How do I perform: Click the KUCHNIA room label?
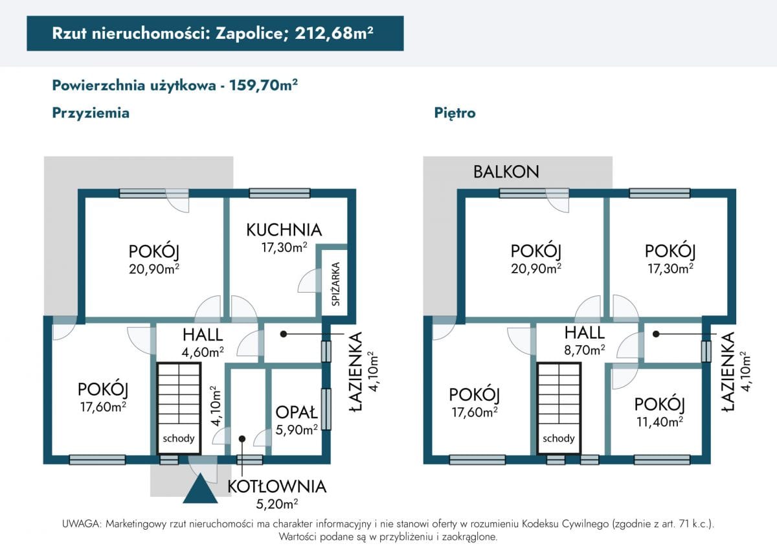click(284, 230)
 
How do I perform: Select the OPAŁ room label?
click(297, 413)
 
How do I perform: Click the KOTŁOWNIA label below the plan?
click(276, 486)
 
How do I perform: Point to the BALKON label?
click(506, 172)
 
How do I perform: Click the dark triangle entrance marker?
click(199, 490)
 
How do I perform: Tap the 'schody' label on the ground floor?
click(179, 438)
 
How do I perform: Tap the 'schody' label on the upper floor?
click(558, 438)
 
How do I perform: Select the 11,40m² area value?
click(659, 422)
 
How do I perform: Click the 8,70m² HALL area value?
click(584, 350)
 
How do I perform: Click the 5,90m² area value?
click(297, 428)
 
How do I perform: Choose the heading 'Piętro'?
click(455, 113)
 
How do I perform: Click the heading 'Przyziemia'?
click(91, 113)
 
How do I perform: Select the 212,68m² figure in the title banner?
click(334, 34)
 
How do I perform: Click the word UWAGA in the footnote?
click(81, 523)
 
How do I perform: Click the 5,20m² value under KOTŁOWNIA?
click(276, 503)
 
